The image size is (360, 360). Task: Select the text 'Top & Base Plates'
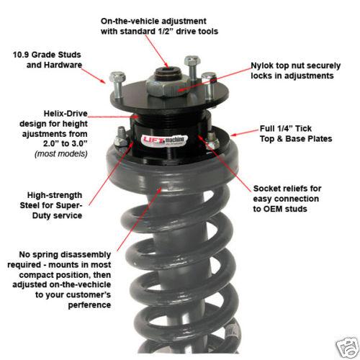(x=296, y=138)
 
